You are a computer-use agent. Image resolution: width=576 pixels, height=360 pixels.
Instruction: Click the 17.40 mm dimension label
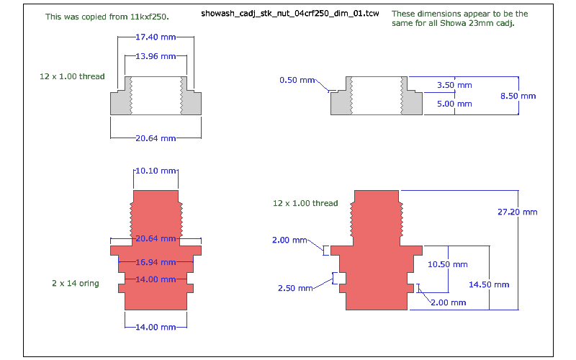click(x=156, y=37)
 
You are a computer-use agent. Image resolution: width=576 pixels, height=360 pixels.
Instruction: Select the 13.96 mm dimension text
click(x=156, y=56)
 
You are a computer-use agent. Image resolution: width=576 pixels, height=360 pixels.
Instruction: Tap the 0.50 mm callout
click(x=297, y=80)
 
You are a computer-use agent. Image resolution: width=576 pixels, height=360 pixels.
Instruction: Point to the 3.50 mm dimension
click(x=454, y=85)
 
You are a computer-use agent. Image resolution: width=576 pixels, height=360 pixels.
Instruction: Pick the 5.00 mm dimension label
click(x=454, y=104)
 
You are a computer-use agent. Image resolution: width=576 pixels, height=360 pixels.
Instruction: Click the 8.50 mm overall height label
click(x=518, y=96)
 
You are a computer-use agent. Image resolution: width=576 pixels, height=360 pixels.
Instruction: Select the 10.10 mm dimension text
click(x=156, y=171)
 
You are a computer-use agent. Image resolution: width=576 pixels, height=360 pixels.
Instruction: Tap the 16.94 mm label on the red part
click(x=156, y=262)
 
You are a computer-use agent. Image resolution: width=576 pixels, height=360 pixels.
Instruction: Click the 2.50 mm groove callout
click(x=295, y=288)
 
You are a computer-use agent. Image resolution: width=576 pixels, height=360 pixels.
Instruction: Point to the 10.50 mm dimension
click(x=448, y=264)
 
